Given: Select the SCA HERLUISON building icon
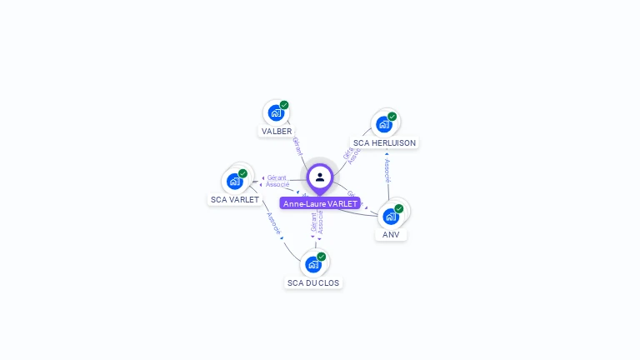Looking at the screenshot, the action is click(383, 124).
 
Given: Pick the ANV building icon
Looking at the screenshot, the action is click(390, 217).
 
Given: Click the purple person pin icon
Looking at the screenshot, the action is click(320, 177).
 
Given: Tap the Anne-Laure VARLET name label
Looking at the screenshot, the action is click(320, 203).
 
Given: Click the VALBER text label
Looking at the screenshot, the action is click(277, 132).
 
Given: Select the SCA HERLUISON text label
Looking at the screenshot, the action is click(384, 143).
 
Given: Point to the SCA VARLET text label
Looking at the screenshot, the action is click(235, 200).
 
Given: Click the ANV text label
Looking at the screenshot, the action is click(391, 235).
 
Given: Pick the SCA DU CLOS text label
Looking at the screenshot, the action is click(313, 283).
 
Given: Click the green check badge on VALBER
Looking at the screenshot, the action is click(284, 105).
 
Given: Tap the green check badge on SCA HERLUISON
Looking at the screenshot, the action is click(392, 117).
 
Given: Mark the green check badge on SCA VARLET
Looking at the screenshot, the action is click(242, 173).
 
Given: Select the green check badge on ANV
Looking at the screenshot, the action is click(399, 208).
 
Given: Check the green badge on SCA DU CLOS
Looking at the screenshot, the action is click(322, 257).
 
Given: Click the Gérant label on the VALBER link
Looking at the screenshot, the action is click(297, 147).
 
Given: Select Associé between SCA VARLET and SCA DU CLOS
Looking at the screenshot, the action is click(273, 222).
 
